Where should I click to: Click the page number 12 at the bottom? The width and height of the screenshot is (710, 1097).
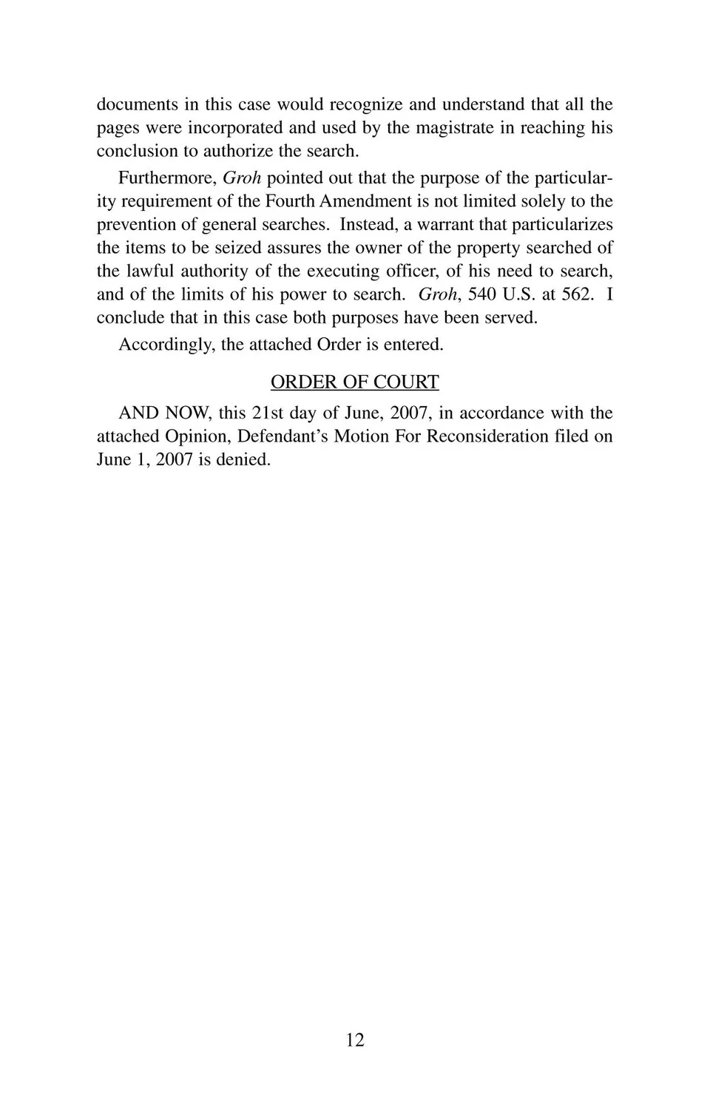coord(355,1040)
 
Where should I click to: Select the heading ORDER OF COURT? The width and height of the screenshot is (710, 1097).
coord(355,382)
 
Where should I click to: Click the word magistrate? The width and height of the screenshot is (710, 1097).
coord(455,127)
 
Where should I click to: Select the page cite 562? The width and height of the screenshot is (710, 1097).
coord(577,294)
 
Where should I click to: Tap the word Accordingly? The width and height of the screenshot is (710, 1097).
coord(166,344)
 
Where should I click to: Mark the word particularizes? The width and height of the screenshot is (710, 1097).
coord(562,224)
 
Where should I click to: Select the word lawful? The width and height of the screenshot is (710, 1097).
coord(150,271)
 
